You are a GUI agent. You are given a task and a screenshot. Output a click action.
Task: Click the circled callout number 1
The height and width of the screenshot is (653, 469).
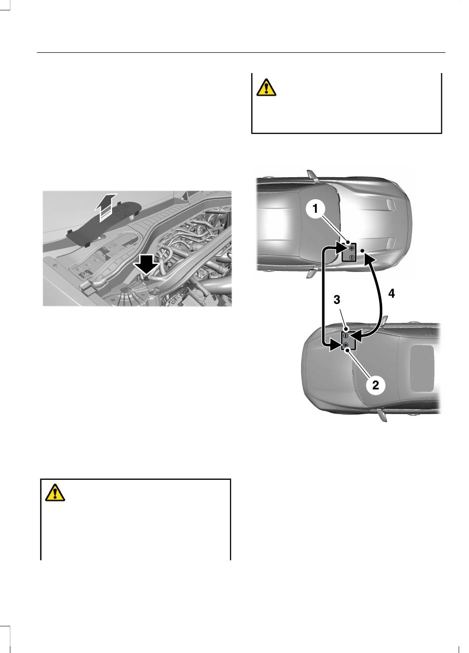click(315, 208)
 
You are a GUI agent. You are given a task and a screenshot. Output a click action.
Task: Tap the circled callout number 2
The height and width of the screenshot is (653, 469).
click(376, 385)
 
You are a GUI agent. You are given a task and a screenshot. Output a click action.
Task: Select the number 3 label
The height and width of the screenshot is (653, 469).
click(337, 300)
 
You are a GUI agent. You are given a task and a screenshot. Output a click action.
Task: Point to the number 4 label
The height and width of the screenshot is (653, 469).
click(391, 293)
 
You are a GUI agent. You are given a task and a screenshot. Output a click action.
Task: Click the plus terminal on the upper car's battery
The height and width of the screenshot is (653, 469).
click(352, 248)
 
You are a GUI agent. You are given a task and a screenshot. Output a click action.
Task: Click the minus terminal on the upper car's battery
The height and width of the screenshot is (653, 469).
click(352, 257)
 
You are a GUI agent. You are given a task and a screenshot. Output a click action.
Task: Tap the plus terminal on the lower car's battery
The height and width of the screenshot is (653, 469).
click(346, 345)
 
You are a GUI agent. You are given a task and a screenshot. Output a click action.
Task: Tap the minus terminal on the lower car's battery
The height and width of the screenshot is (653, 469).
click(346, 335)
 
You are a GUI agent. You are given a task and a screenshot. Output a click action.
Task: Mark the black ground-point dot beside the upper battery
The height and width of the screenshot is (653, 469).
click(362, 251)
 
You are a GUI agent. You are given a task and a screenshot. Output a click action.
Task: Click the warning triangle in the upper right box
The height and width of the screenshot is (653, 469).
click(266, 87)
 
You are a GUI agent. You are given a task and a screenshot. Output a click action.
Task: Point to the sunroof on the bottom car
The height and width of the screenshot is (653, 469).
click(422, 369)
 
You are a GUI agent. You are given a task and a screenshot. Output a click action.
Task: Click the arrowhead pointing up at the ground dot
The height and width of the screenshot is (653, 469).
click(369, 258)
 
